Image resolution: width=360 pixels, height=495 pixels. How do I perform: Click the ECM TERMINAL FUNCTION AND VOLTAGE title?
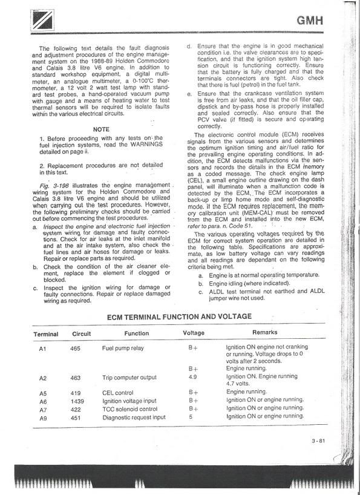point(179,316)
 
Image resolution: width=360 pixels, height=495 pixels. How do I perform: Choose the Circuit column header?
point(82,333)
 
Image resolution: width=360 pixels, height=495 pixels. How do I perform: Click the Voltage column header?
point(194,333)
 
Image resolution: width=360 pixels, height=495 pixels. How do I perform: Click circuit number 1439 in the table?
point(77,401)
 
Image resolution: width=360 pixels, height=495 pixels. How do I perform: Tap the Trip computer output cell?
point(130,378)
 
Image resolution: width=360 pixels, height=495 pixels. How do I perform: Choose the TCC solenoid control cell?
point(130,409)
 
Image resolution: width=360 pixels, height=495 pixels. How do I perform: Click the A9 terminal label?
point(43,418)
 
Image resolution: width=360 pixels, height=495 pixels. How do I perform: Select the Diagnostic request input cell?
point(134,417)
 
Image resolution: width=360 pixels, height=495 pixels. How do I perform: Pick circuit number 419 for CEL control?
point(75,393)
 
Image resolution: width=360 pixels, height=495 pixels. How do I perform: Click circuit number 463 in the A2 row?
point(75,378)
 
